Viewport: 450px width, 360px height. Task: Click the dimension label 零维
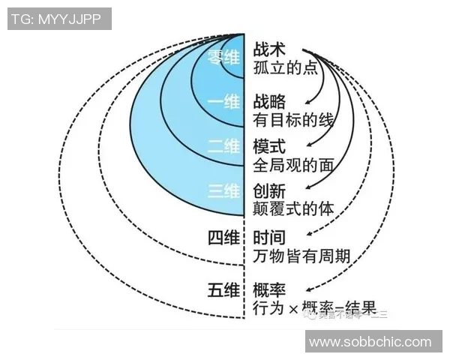pyautogui.click(x=223, y=57)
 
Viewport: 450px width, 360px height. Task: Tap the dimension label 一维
pyautogui.click(x=223, y=103)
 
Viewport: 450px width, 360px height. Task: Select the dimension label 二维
pyautogui.click(x=223, y=147)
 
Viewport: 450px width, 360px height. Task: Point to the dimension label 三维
pyautogui.click(x=223, y=192)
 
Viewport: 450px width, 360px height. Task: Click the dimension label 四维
pyautogui.click(x=223, y=238)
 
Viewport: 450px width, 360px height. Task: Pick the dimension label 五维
pyautogui.click(x=223, y=288)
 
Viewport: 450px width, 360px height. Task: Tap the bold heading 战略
pyautogui.click(x=270, y=101)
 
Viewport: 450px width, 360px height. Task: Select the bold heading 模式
pyautogui.click(x=270, y=146)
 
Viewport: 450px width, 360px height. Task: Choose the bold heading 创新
pyautogui.click(x=270, y=191)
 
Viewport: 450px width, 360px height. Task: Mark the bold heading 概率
pyautogui.click(x=270, y=289)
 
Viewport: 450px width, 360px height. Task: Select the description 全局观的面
pyautogui.click(x=293, y=165)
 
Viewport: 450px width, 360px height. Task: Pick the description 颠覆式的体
pyautogui.click(x=293, y=210)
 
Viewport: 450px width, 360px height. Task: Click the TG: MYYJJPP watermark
pyautogui.click(x=59, y=18)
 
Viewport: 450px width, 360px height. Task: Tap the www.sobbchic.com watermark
pyautogui.click(x=370, y=342)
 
